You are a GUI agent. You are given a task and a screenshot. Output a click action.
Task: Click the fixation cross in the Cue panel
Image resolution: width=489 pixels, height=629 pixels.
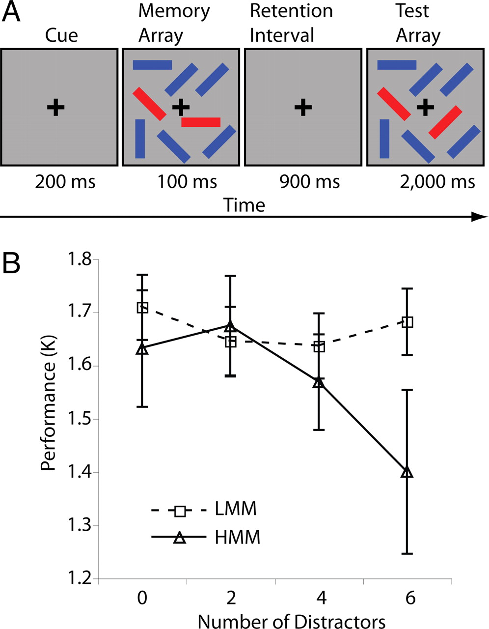tap(56, 107)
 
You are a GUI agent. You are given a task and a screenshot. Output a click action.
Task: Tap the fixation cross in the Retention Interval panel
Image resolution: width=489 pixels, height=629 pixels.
tap(303, 107)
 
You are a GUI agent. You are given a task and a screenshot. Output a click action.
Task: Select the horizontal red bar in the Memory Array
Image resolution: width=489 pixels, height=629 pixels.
tap(201, 122)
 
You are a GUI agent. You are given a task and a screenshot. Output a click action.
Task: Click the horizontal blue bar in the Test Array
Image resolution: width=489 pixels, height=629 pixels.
tap(397, 64)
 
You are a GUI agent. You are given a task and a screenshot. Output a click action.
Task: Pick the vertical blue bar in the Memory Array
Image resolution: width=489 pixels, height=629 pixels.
tap(140, 139)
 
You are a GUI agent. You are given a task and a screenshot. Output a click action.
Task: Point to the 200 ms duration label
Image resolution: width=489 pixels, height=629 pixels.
tap(65, 182)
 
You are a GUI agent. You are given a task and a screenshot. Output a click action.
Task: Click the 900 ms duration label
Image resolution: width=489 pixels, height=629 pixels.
tap(309, 182)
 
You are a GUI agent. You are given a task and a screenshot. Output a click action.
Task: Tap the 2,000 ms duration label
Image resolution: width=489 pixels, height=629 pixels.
tap(436, 182)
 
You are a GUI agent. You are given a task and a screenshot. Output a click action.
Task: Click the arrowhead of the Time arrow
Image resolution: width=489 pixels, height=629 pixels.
tap(480, 217)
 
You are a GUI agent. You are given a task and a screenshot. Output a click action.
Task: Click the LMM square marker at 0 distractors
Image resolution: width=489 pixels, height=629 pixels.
tap(142, 308)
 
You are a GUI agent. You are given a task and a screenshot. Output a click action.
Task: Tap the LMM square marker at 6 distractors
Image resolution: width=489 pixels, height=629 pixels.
tap(407, 322)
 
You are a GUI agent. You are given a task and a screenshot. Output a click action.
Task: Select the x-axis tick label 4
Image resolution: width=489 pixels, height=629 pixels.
tap(319, 599)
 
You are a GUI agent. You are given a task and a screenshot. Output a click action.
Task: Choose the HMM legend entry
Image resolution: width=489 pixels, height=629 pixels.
tap(237, 538)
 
